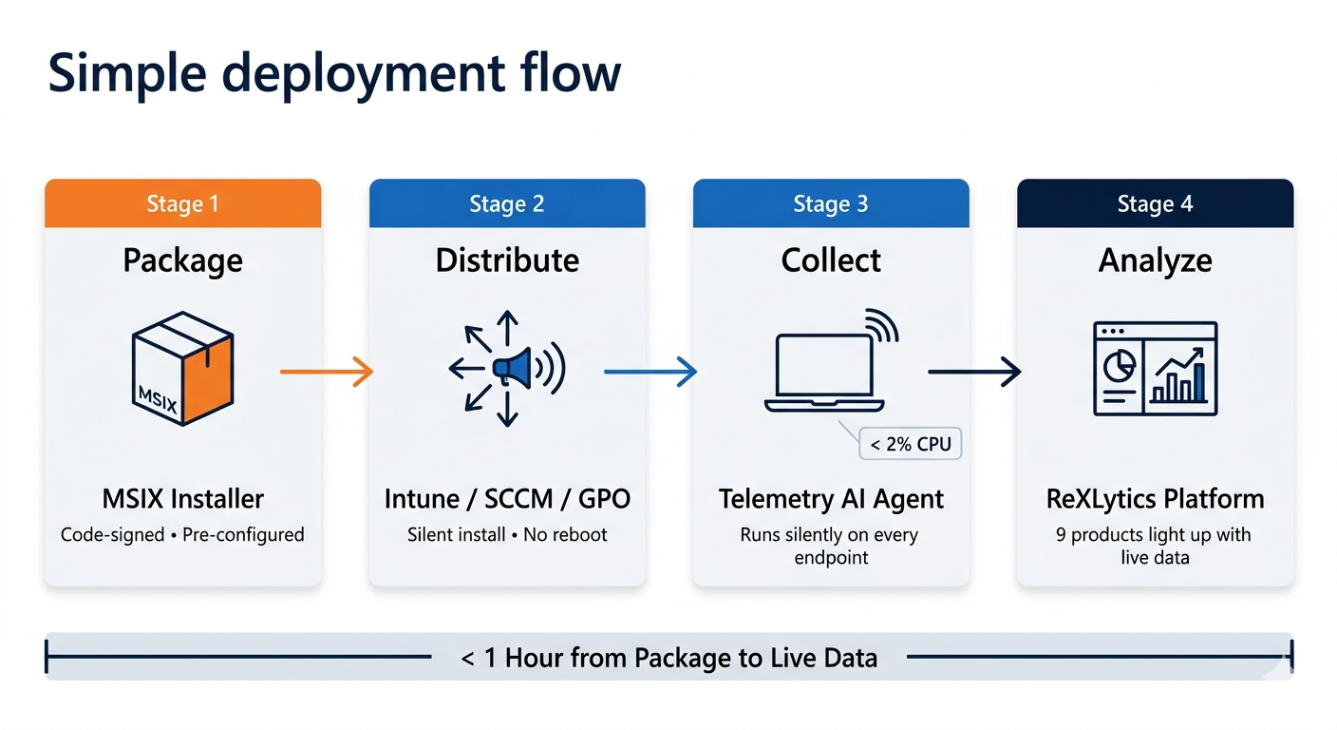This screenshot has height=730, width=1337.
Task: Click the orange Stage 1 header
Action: [182, 204]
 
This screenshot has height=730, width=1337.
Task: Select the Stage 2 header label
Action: [506, 204]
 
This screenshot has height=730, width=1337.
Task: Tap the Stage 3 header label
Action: [831, 204]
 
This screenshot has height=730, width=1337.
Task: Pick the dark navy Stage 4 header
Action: [1155, 204]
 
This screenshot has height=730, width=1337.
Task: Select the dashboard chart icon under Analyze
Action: [1155, 369]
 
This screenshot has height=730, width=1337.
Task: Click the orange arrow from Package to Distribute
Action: [326, 372]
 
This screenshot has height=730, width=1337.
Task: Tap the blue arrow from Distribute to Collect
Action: [650, 372]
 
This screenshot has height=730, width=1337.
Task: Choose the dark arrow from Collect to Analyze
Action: [973, 372]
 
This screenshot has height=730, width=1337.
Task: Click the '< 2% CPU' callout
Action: [910, 444]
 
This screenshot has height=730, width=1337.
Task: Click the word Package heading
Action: [182, 260]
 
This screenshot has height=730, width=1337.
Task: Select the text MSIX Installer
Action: [182, 498]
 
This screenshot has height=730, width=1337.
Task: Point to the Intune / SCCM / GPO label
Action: [507, 498]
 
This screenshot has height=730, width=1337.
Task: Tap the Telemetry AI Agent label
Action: [831, 498]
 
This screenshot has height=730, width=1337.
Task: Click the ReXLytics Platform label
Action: [1155, 498]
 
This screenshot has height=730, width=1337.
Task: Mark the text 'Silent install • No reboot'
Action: [507, 534]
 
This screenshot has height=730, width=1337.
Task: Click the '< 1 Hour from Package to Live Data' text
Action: [668, 657]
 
